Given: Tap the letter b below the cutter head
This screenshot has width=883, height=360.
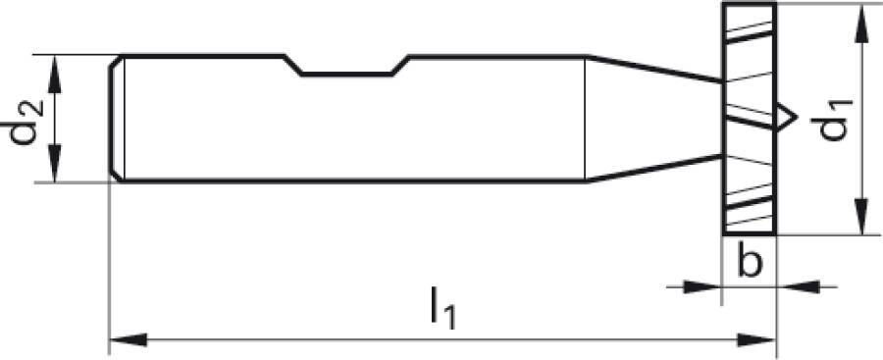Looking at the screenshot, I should point(750,264).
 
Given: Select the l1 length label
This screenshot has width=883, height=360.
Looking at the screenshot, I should point(443,311).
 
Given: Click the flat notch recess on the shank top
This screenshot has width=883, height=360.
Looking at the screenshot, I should point(349,73).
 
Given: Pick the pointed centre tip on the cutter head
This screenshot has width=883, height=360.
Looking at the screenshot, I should point(788,119).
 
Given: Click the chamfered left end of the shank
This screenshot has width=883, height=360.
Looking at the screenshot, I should point(115,119).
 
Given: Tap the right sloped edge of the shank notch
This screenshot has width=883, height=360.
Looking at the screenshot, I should point(401,64).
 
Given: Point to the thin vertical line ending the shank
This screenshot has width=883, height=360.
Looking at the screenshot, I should point(586,118).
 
